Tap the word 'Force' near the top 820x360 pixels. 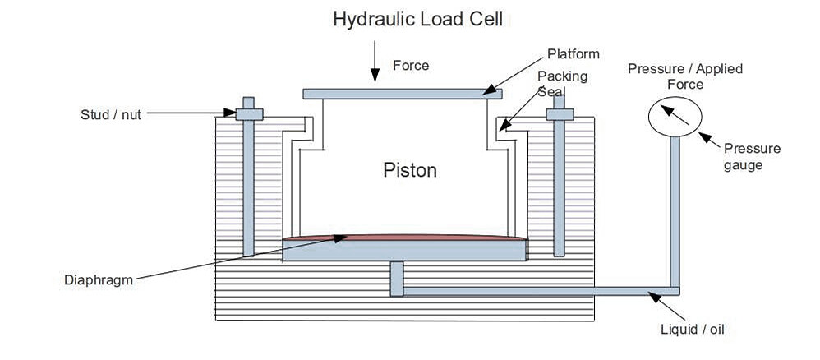411,65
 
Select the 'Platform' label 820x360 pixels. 574,54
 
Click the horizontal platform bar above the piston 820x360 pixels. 403,94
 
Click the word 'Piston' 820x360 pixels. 410,170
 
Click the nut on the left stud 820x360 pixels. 249,114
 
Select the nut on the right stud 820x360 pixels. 560,114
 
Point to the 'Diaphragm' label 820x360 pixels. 98,279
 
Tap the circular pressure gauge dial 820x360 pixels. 673,115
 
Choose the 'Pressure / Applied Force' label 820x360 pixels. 684,76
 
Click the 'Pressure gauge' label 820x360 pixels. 751,156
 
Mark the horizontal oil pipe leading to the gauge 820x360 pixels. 534,292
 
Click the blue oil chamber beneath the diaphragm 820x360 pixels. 403,251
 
